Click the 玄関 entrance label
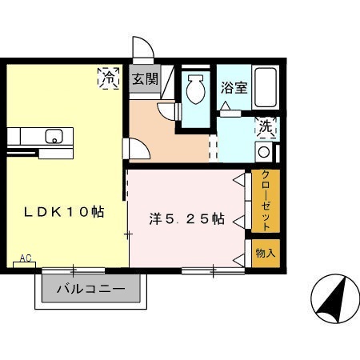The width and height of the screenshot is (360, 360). [x=146, y=79]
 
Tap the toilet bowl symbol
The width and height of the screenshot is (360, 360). [x=195, y=89]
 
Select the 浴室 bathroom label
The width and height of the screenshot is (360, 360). [x=234, y=88]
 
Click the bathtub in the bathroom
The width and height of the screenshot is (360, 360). [x=266, y=87]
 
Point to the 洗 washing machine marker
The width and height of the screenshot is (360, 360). [x=266, y=127]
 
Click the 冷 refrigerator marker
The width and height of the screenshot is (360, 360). [x=108, y=78]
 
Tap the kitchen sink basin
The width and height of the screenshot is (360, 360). [x=54, y=136]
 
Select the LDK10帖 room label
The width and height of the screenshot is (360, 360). [x=64, y=212]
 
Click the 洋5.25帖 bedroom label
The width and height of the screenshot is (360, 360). [x=186, y=219]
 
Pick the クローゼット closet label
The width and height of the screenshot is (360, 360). [x=266, y=201]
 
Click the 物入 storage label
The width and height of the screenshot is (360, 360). [x=266, y=253]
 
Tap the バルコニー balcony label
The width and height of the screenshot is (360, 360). [x=91, y=289]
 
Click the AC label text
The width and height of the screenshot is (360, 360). [x=26, y=258]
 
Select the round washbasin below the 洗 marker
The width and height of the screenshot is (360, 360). [x=264, y=152]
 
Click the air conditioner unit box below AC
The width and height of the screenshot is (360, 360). [x=24, y=265]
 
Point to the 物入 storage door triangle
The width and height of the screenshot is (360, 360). [x=239, y=260]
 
